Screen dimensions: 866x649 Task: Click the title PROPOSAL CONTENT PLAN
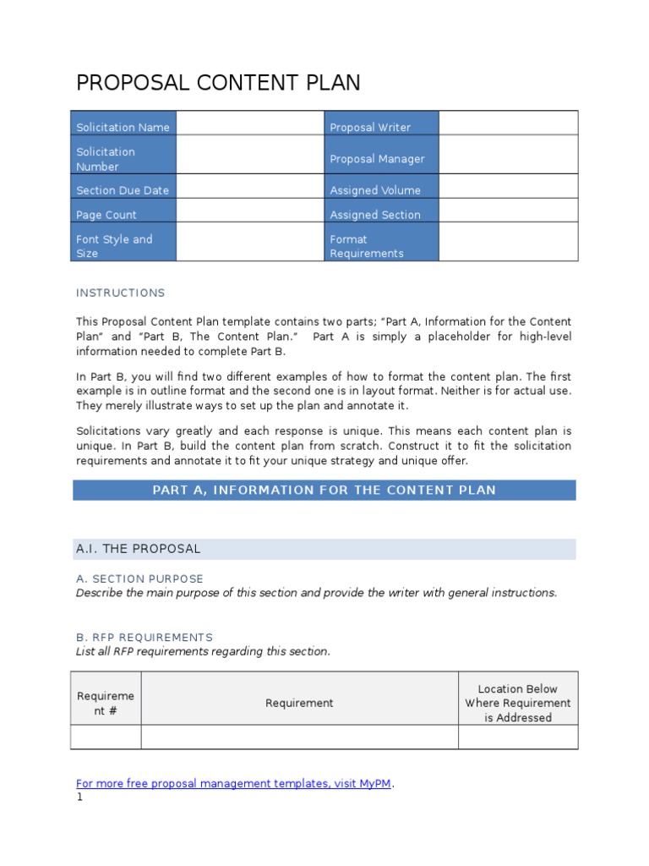click(x=218, y=83)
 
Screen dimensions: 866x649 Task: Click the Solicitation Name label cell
click(x=123, y=127)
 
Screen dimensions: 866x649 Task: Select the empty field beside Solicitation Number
click(x=250, y=158)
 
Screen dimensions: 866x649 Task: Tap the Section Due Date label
click(x=123, y=190)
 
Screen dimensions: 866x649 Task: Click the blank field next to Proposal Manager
click(x=508, y=158)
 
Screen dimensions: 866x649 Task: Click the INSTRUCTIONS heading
click(x=121, y=293)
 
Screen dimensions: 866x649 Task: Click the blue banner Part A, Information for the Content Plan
click(x=324, y=490)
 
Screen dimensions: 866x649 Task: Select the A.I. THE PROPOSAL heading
click(x=139, y=549)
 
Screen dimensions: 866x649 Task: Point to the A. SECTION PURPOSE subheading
click(x=139, y=578)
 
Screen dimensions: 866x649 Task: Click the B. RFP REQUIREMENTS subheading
click(x=145, y=637)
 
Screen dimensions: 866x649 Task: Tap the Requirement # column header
click(x=106, y=703)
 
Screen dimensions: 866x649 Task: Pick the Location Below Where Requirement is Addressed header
click(x=517, y=703)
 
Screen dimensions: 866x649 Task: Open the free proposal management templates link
click(x=233, y=783)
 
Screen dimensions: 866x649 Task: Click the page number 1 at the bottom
click(x=79, y=797)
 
